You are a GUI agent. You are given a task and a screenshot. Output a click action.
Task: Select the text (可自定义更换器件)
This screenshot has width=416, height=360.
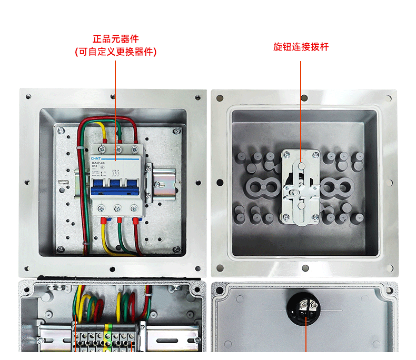(116, 52)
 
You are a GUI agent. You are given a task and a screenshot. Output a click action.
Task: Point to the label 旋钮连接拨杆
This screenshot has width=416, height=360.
(301, 47)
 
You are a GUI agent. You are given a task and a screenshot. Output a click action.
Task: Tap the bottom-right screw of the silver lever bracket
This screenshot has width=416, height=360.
(316, 217)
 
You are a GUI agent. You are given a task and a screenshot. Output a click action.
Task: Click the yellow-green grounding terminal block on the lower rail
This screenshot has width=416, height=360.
(107, 337)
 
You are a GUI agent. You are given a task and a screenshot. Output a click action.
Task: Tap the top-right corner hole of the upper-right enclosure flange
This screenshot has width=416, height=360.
(389, 98)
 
